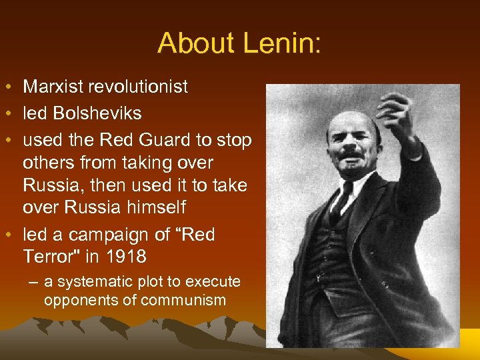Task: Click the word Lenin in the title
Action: click(283, 44)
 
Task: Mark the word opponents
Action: click(79, 300)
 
